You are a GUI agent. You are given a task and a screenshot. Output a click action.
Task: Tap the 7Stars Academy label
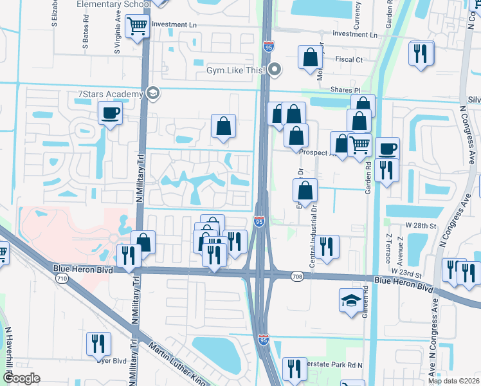coord(109,95)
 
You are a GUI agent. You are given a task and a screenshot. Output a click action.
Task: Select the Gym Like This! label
coord(236,69)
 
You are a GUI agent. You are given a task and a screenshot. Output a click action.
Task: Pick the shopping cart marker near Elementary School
coord(138,26)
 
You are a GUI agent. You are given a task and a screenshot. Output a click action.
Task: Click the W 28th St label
coord(421,226)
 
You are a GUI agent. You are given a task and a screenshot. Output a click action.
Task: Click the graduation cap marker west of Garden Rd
coord(350,300)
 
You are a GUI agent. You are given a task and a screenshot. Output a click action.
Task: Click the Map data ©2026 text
coord(454,381)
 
